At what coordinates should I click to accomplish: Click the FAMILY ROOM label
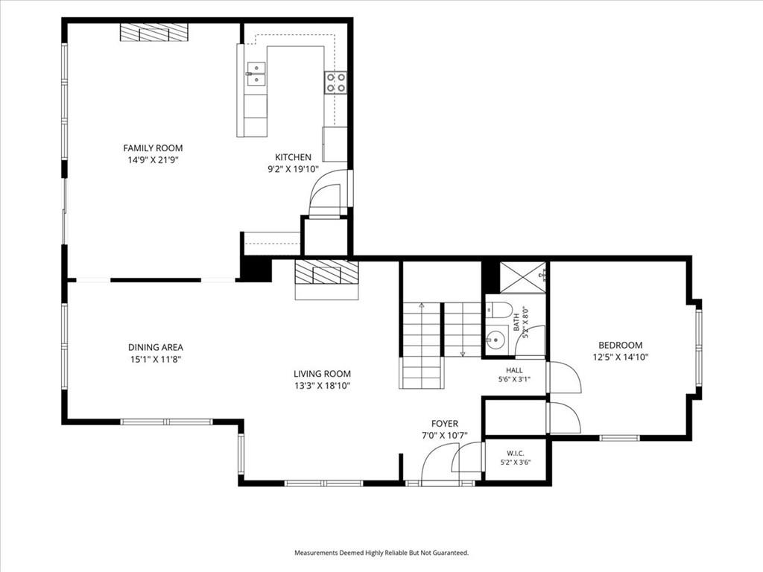(153, 148)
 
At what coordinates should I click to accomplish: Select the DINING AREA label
(156, 347)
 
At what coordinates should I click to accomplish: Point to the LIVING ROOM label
(322, 374)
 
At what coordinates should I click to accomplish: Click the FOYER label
(445, 424)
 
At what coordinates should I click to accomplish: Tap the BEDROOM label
(621, 345)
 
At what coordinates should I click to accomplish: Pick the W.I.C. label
(516, 454)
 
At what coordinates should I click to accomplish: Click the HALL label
(514, 370)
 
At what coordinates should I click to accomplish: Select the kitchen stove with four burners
(336, 82)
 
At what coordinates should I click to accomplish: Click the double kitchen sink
(256, 74)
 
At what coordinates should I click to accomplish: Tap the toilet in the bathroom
(498, 309)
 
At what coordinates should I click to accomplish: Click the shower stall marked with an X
(523, 277)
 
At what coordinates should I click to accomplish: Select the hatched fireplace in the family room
(153, 32)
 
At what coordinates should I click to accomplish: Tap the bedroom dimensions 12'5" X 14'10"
(621, 357)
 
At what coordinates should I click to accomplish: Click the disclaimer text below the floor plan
(381, 553)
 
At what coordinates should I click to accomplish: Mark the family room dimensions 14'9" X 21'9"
(153, 160)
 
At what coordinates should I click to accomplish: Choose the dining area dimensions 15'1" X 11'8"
(156, 360)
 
